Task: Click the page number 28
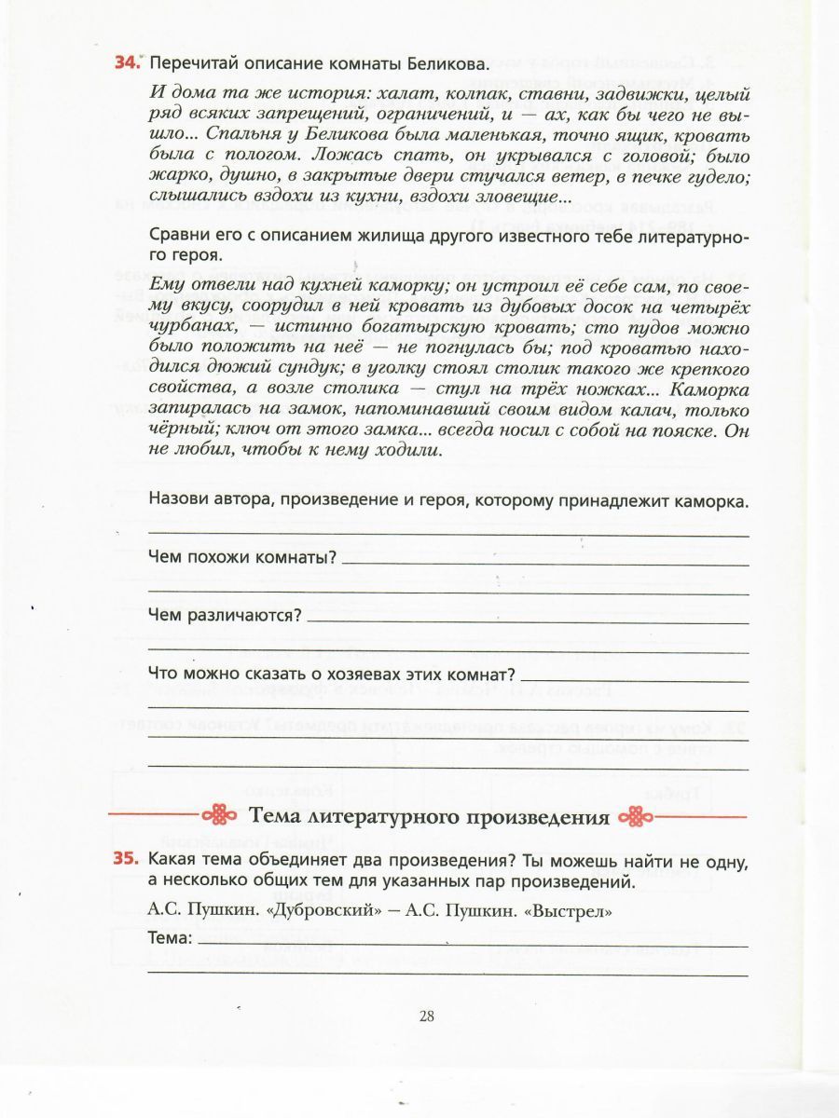pyautogui.click(x=427, y=1016)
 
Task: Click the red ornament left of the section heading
pyautogui.click(x=222, y=816)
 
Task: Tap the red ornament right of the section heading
pyautogui.click(x=639, y=816)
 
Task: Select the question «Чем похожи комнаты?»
pyautogui.click(x=242, y=558)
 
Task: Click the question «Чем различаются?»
pyautogui.click(x=225, y=616)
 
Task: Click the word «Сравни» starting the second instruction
pyautogui.click(x=177, y=235)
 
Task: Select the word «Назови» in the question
pyautogui.click(x=179, y=501)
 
